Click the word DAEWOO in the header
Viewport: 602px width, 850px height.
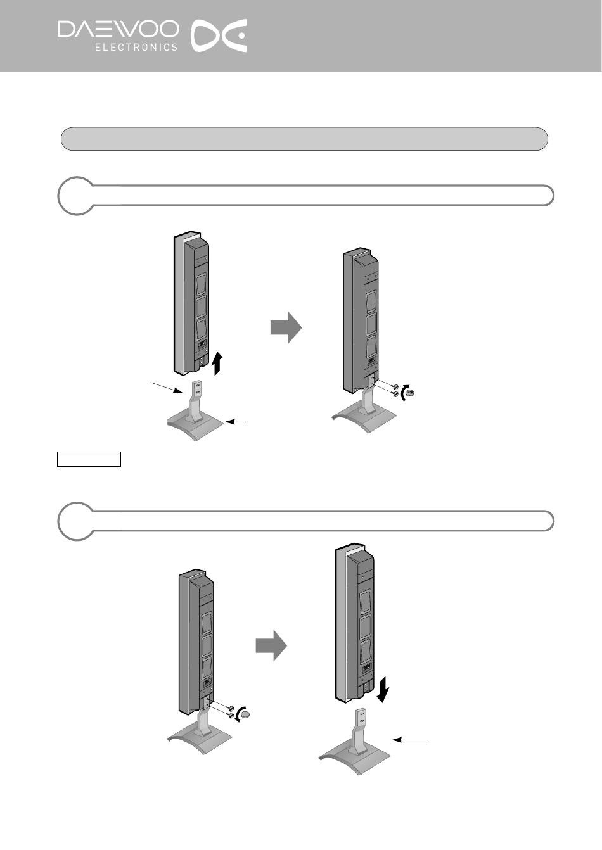[x=118, y=30]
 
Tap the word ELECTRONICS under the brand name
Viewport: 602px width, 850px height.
[x=136, y=47]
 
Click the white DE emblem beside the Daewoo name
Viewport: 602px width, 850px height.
[x=218, y=35]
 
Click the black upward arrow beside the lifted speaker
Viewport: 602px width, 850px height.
[x=217, y=363]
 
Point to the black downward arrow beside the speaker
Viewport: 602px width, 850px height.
[x=383, y=689]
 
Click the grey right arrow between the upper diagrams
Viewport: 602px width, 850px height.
[x=286, y=327]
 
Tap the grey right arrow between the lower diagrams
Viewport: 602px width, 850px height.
[x=271, y=645]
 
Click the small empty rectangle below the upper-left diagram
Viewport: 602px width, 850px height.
[x=89, y=459]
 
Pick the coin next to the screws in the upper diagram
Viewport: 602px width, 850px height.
[x=409, y=393]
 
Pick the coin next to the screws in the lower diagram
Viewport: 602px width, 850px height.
[x=246, y=715]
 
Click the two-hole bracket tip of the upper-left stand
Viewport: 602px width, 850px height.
[x=196, y=388]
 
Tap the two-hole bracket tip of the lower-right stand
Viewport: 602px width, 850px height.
[x=361, y=716]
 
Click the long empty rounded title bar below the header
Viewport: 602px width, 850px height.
[x=304, y=139]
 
